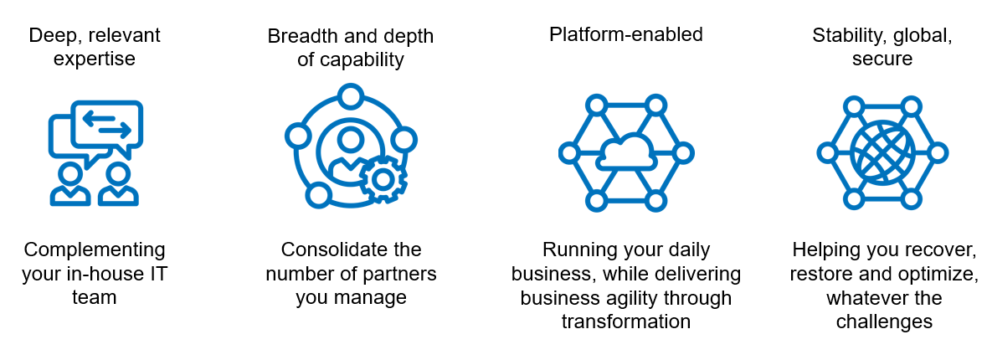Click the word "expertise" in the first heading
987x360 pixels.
[x=94, y=59]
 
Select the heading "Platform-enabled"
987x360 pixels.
[x=625, y=34]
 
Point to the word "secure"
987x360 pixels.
[x=882, y=59]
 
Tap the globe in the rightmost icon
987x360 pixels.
[x=882, y=152]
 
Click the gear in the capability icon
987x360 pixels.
[x=383, y=178]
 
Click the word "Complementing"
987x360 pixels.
[x=95, y=249]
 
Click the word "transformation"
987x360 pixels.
[x=625, y=322]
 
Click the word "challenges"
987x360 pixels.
[x=882, y=322]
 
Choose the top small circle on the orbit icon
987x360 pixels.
[x=351, y=95]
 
